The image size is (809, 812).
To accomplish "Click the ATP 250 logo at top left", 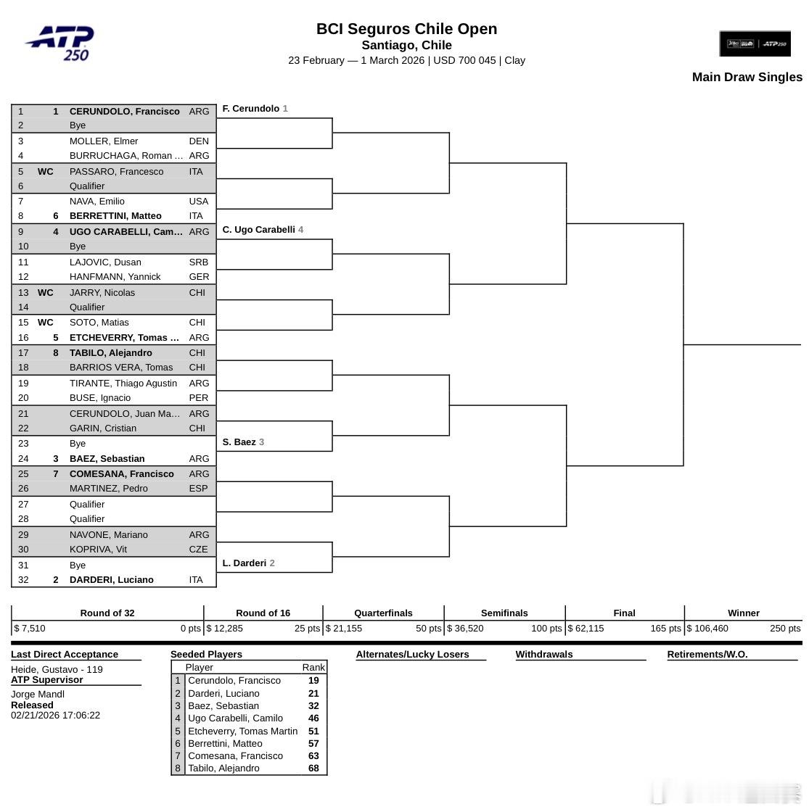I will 61,43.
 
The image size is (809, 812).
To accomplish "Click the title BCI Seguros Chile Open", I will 406,29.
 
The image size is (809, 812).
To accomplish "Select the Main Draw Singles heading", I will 747,77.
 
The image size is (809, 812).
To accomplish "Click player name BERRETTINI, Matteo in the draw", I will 115,216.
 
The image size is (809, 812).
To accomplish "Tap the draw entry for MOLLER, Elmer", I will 104,141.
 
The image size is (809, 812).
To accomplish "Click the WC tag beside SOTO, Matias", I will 45,323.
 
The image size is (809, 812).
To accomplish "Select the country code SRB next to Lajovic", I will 198,262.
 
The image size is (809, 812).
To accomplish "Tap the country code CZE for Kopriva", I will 198,550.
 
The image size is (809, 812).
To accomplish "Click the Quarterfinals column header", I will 383,613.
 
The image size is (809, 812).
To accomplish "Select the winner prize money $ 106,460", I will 707,629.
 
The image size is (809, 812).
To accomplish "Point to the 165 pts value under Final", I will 665,629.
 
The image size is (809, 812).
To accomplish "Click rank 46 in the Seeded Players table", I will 313,718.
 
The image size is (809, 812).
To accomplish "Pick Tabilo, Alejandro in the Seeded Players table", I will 223,768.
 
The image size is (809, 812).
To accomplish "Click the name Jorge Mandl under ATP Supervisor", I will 38,694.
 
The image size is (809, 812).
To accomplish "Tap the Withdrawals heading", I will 544,654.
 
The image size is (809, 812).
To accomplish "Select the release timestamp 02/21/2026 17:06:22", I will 55,716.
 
